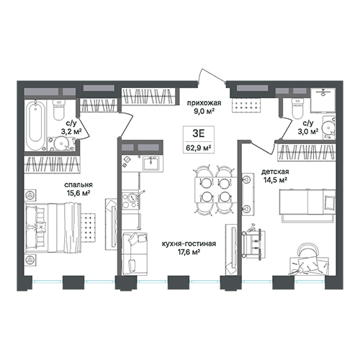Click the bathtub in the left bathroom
35,125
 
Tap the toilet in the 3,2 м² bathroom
58,110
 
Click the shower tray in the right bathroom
323,100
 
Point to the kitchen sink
151,163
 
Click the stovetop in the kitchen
130,200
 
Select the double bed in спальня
53,228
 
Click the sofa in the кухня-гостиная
135,254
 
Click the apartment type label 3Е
199,133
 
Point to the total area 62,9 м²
199,148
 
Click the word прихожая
204,103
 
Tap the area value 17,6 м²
189,252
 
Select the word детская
275,172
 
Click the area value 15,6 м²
78,193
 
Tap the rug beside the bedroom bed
88,226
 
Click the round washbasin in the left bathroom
60,143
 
